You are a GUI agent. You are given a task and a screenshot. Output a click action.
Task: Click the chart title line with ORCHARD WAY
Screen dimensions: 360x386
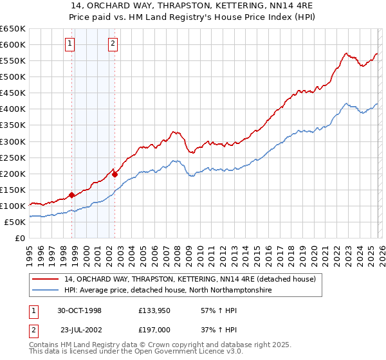coord(192,6)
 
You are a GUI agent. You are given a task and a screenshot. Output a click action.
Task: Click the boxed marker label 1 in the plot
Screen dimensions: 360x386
coord(69,44)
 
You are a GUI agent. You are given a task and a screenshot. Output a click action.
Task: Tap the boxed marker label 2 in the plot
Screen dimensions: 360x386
coord(113,44)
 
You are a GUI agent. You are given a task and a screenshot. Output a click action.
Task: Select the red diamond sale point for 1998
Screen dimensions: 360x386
coord(71,194)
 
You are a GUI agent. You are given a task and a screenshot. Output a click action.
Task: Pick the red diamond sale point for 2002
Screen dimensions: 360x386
coord(115,174)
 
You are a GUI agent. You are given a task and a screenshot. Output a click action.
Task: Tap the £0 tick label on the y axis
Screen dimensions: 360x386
coord(19,238)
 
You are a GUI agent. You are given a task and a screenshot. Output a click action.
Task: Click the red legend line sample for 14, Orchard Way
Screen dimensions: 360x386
coord(46,280)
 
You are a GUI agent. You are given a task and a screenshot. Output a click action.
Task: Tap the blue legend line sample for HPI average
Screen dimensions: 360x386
coord(46,291)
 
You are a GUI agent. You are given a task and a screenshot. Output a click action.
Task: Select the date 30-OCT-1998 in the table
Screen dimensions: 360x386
coord(79,310)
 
